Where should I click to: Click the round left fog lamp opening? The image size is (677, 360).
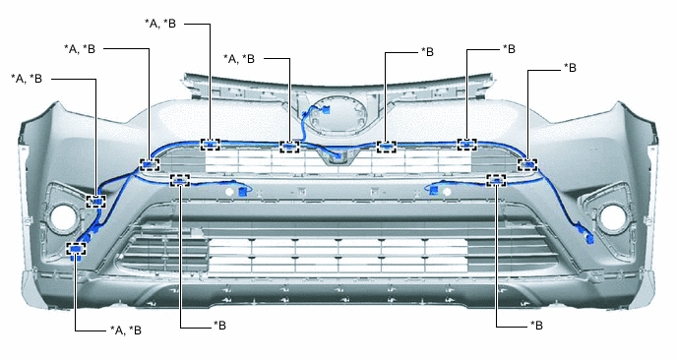coord(63,216)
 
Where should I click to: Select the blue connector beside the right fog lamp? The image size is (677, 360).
coord(588,237)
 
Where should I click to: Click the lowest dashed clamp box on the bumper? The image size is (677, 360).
coord(76,249)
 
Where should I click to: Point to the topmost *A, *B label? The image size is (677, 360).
coord(160,24)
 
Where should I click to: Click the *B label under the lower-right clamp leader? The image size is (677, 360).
coord(536,325)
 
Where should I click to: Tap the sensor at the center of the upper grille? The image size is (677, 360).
coord(338,158)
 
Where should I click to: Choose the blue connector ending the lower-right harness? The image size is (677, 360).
coord(433,191)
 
